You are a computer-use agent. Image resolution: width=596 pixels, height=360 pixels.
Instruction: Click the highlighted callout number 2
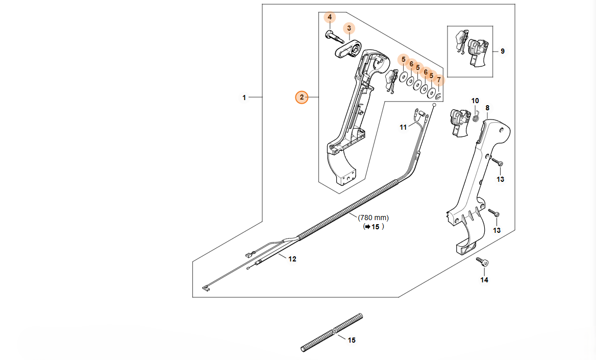coord(302,97)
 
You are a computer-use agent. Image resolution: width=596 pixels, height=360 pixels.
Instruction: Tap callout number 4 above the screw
coord(330,17)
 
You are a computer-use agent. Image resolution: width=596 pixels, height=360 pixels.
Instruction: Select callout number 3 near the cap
coord(349,28)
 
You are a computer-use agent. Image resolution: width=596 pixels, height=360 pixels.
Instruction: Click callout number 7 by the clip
coord(438,80)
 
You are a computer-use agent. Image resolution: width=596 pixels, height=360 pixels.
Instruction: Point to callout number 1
coord(244,97)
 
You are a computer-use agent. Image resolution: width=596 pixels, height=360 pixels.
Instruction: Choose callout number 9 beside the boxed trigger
coord(502,51)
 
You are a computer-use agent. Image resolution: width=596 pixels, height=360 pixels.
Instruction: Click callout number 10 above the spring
coord(475,101)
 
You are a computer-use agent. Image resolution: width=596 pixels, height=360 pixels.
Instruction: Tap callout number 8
coord(487,108)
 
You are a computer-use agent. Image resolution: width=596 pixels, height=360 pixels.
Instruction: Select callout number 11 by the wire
coord(403,127)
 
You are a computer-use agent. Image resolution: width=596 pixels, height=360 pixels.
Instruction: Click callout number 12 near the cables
coord(292,259)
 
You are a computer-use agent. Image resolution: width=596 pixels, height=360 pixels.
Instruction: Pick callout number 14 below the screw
coord(484,280)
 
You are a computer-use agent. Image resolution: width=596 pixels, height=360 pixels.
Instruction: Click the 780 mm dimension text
coord(373,218)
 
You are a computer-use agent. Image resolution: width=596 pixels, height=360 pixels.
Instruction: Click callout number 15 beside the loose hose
coord(352,340)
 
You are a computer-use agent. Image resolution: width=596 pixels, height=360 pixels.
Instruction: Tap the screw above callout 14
coord(482,262)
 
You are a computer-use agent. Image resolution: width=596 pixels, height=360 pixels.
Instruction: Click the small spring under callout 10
coord(476,118)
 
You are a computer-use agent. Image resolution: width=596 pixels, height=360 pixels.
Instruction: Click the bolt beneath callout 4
coord(330,36)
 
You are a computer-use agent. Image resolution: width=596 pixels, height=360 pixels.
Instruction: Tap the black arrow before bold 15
coord(366,227)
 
